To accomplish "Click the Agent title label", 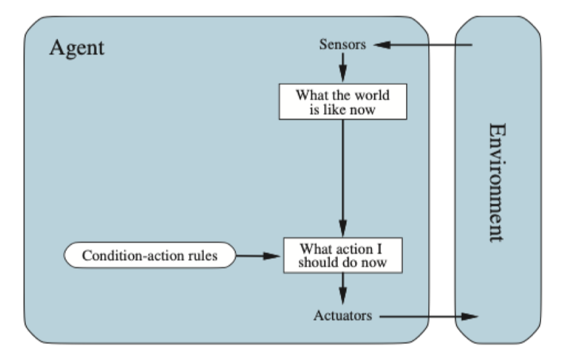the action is click(77, 48).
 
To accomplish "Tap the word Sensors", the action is click(342, 45).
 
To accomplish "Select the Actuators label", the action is click(342, 315).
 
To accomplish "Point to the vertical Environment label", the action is click(496, 183).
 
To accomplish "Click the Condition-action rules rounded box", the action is click(150, 255).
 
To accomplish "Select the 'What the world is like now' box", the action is click(343, 102).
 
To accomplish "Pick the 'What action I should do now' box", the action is click(343, 255).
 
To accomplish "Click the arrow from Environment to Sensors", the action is click(423, 45).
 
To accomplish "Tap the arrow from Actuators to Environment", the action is click(429, 317).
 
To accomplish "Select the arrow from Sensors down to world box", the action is click(343, 68).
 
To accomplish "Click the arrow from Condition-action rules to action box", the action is click(258, 256).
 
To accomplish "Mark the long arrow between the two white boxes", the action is click(343, 178).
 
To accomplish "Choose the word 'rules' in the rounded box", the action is click(203, 255).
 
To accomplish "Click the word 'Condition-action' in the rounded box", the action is click(133, 255).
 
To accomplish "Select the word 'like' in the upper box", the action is click(335, 110).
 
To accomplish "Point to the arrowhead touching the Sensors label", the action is click(382, 45).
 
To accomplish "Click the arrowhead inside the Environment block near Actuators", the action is click(470, 317).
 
